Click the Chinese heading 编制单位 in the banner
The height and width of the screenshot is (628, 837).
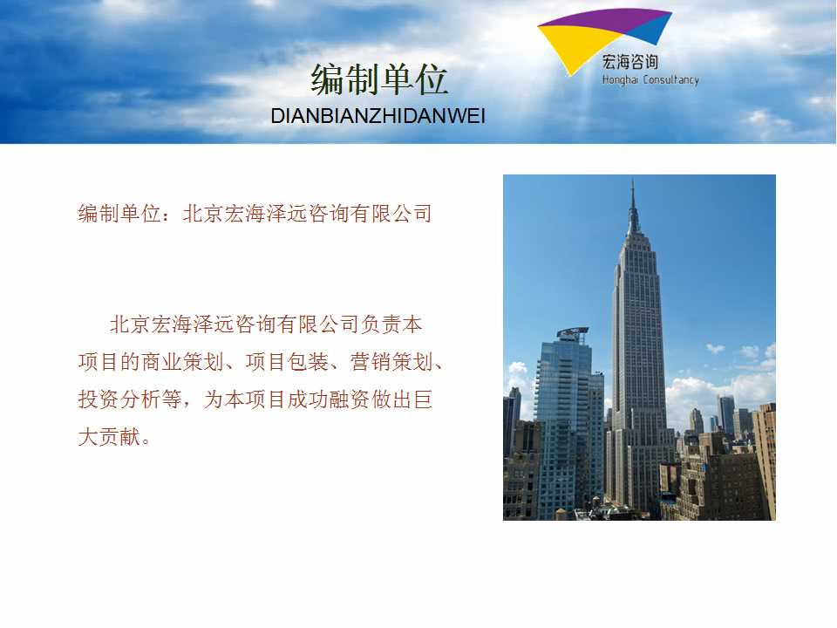tap(379, 79)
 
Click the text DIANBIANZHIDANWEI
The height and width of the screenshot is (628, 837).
tap(378, 116)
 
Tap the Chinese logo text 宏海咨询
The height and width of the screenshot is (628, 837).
tap(629, 63)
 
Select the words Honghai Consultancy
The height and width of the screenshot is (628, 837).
tap(650, 80)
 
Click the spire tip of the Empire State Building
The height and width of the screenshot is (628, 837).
tap(633, 181)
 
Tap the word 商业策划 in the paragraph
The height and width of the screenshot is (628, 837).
tap(182, 361)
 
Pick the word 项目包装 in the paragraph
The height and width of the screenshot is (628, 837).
tap(287, 361)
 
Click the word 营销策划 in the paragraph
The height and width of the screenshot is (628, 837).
tap(391, 361)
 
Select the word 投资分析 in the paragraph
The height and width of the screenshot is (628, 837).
tap(119, 399)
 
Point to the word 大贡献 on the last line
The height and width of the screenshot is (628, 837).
tap(110, 436)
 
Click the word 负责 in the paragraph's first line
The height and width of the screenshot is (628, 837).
tap(381, 324)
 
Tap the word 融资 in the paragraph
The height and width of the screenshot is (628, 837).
tap(350, 399)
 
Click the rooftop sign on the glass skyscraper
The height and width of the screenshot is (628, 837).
tap(572, 333)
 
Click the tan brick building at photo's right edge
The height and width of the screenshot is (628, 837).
tap(765, 460)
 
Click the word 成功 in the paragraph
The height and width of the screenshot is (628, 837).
tap(308, 399)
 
